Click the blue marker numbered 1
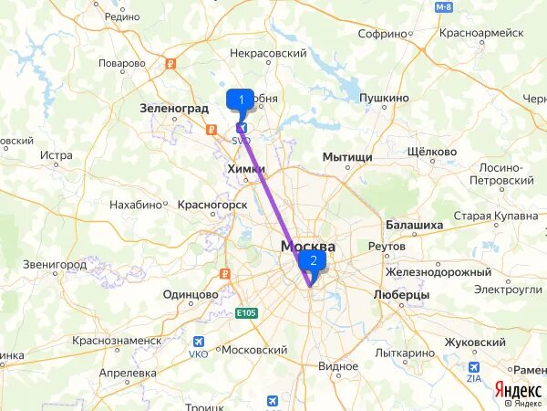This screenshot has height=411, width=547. coord(241,100)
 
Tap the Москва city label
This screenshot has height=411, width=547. coord(307,247)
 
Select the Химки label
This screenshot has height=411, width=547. coord(244,169)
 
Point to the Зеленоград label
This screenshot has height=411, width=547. coord(174,108)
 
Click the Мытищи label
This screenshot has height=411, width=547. coord(347,157)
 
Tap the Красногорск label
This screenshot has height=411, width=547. coord(213,205)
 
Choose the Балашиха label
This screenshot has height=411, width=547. coord(415,225)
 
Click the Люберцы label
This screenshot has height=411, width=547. coord(402,295)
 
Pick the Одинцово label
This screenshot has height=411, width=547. coord(191,294)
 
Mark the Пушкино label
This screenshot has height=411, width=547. coord(384,96)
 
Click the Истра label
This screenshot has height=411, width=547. coord(57,155)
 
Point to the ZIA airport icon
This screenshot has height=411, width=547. coord(473,364)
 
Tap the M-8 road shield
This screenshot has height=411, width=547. coord(443,7)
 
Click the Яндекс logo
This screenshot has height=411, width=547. coord(517,388)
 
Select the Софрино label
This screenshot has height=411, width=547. coord(381,34)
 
